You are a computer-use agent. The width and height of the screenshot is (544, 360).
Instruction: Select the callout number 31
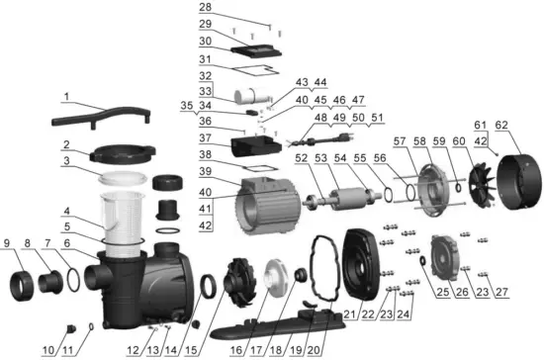coord(204,58)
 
